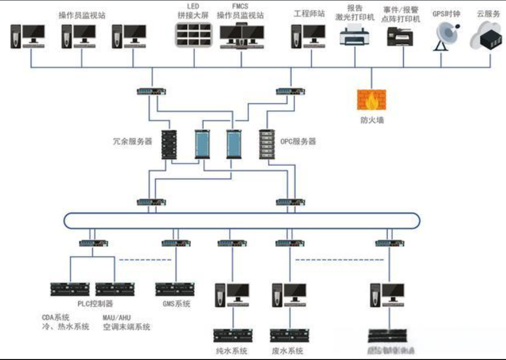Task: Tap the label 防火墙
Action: [x=371, y=121]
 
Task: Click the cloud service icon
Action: [x=488, y=36]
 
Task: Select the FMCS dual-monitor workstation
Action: [x=242, y=36]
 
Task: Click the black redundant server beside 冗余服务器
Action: [x=168, y=145]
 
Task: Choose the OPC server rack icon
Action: [x=266, y=145]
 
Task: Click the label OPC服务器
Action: [x=298, y=142]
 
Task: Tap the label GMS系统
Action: [x=176, y=304]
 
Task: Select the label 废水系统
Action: [x=288, y=351]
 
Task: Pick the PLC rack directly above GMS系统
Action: [x=176, y=289]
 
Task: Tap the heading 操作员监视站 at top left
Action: [x=82, y=15]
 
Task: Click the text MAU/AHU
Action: [x=117, y=317]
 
